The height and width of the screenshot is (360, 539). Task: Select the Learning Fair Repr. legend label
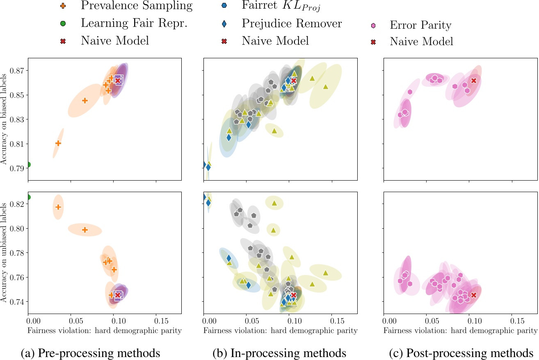[134, 23]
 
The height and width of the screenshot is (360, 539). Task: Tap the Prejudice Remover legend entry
[292, 23]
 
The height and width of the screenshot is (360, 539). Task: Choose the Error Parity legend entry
[420, 25]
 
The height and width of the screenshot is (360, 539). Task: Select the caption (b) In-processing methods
[280, 352]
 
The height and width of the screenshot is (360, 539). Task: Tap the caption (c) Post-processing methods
[459, 352]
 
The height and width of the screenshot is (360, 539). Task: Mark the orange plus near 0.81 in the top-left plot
[58, 143]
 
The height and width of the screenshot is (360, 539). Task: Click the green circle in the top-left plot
[28, 165]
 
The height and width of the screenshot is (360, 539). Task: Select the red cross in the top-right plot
[474, 80]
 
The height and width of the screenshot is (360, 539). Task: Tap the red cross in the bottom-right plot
[474, 295]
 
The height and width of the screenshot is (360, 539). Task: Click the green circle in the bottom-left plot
[28, 197]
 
